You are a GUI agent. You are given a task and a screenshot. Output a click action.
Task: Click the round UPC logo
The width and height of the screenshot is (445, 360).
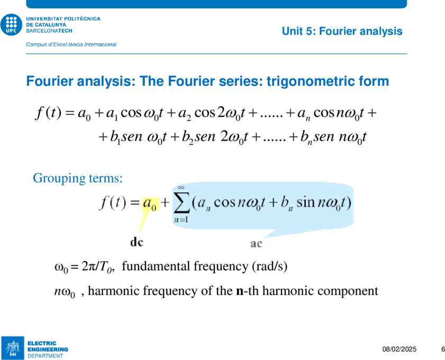tap(11, 25)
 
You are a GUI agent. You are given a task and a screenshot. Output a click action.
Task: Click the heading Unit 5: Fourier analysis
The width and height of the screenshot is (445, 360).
tap(342, 31)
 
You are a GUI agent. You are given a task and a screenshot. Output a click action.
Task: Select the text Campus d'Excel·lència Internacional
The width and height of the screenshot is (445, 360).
tap(71, 44)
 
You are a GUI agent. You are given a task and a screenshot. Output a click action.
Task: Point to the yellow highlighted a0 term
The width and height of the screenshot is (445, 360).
tap(150, 204)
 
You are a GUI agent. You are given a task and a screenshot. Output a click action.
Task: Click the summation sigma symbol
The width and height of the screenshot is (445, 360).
tap(181, 202)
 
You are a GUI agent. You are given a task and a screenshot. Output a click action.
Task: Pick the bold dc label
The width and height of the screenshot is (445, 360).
tap(137, 242)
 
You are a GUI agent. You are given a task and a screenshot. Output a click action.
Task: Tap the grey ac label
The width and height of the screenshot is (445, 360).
tap(256, 244)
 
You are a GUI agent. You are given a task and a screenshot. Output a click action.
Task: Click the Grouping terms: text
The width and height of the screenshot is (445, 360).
tap(78, 178)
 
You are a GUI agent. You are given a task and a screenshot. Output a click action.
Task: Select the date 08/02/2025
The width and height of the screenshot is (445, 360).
tap(399, 349)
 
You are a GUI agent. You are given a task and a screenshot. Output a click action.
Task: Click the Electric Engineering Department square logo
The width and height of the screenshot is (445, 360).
tap(13, 348)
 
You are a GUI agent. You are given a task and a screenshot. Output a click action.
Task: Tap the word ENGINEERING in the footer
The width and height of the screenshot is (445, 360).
tap(48, 349)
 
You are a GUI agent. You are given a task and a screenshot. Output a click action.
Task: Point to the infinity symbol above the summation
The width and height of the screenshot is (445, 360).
tap(181, 187)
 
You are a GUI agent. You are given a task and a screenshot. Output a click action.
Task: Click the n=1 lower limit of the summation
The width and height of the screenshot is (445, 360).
tap(181, 219)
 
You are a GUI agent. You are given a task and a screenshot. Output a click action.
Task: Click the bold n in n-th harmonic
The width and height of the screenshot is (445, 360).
tap(240, 291)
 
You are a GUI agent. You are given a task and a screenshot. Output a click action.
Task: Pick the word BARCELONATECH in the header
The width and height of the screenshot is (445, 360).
tap(49, 31)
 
